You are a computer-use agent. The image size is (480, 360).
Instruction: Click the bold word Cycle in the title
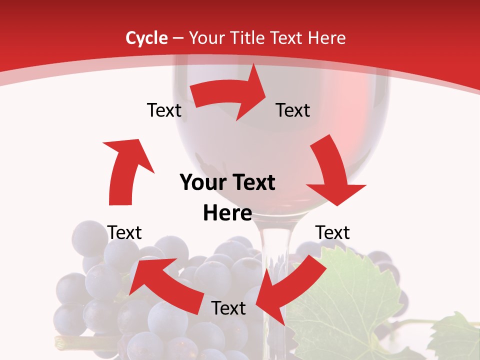coord(146,38)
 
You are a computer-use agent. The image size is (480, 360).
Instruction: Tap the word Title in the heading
coord(247,38)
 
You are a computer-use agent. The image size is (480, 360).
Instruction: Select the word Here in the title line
coord(326,38)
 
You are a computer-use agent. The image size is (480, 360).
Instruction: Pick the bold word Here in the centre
coord(227,213)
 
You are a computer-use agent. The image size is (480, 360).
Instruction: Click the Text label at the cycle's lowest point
coord(228,308)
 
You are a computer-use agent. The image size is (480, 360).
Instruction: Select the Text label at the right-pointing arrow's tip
coord(293,110)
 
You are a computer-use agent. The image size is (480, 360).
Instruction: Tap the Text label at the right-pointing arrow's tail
coord(164,110)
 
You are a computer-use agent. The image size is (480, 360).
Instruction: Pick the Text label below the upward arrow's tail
coord(124,232)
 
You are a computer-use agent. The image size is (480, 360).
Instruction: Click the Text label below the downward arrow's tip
coord(332,232)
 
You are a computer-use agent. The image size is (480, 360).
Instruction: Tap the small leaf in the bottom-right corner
coord(455,337)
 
